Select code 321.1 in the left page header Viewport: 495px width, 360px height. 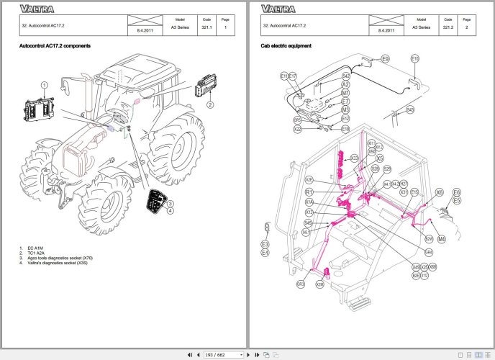[206, 27]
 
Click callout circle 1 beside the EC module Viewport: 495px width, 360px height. [45, 84]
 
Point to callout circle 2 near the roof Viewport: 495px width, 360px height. [210, 104]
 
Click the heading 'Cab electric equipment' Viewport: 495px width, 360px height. [286, 45]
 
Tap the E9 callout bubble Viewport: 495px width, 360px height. [385, 58]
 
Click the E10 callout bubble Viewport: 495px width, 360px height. [415, 58]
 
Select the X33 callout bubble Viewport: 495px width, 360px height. [354, 158]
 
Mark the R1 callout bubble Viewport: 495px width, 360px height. [309, 192]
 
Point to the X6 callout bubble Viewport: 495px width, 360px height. [440, 192]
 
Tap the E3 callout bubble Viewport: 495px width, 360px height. [265, 245]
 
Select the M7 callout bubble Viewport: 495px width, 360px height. [345, 93]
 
